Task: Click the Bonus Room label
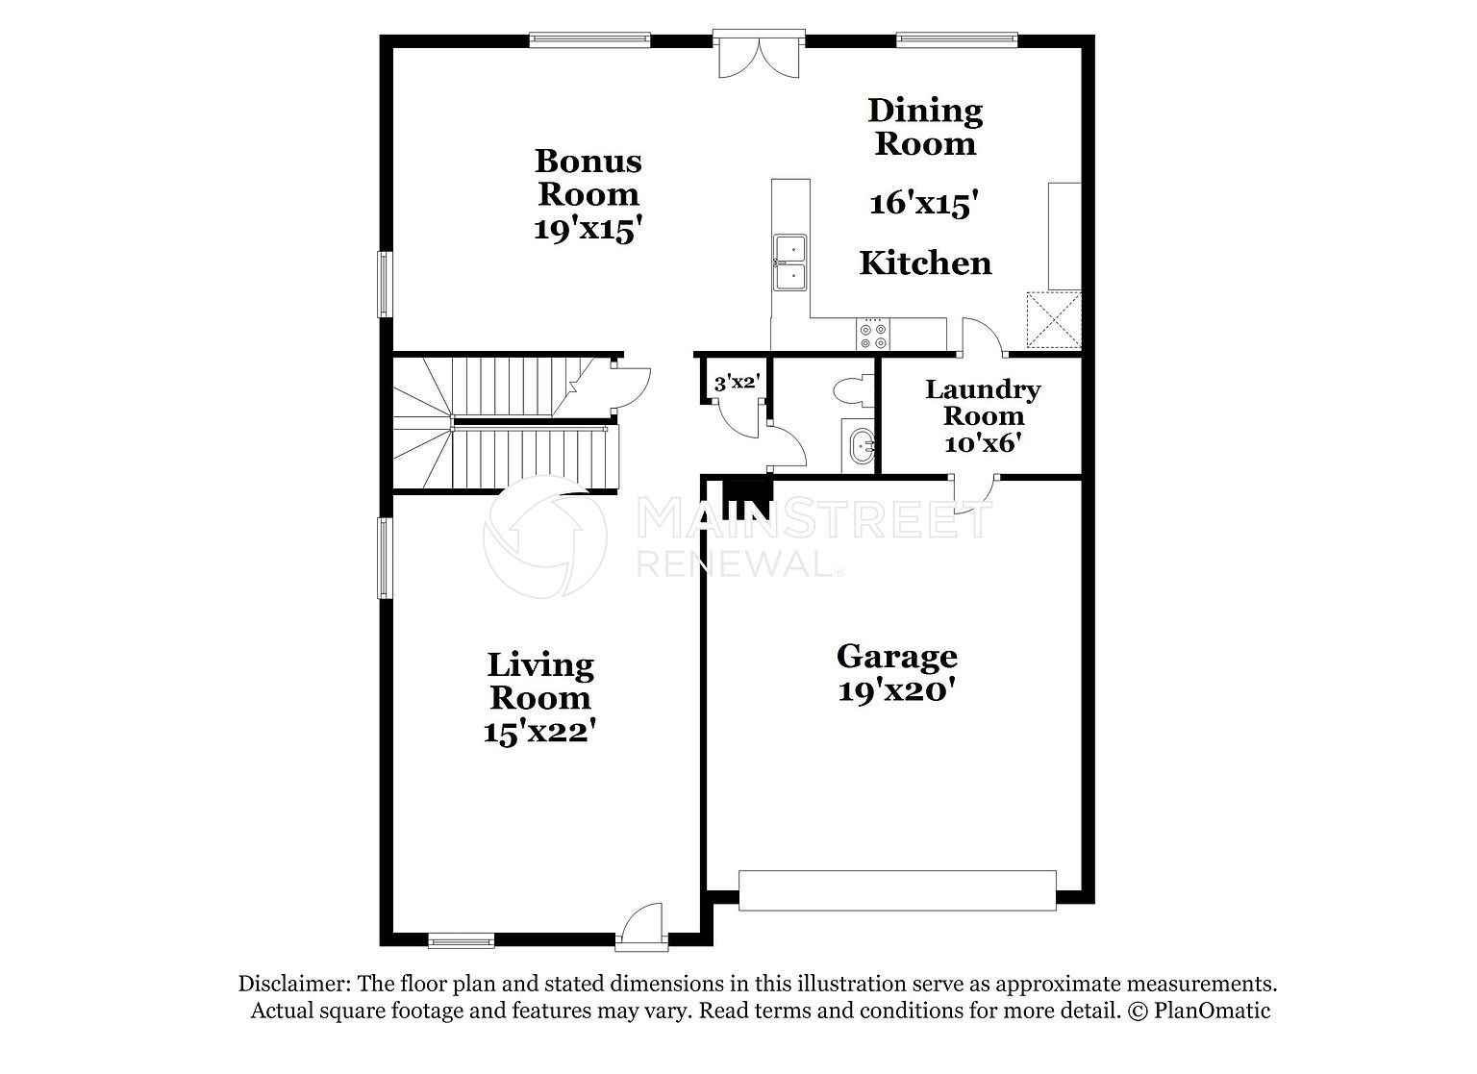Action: coord(588,177)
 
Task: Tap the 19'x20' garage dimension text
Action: coord(897,691)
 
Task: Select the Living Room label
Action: coord(540,681)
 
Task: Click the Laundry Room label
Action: coord(983,402)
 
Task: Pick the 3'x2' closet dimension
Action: coord(738,382)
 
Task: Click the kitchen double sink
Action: coord(790,262)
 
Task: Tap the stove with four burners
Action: coord(873,335)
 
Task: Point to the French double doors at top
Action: coord(759,55)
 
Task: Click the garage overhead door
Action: coord(897,890)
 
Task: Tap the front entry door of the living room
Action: coord(641,927)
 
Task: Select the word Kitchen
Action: coord(925,263)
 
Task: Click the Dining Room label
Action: coord(925,127)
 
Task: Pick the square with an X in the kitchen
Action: coord(1054,320)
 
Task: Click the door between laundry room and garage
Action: coord(973,494)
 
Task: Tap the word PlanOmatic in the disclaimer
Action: coord(1212,1011)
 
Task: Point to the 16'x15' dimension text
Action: coord(923,203)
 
